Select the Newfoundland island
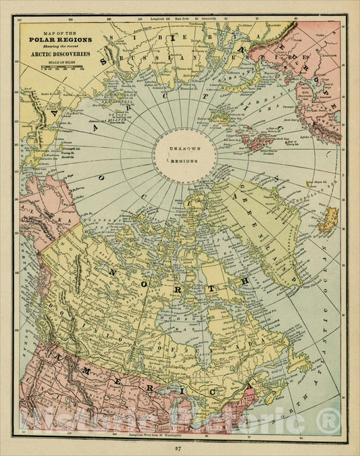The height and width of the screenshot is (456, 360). pyautogui.click(x=298, y=365)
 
